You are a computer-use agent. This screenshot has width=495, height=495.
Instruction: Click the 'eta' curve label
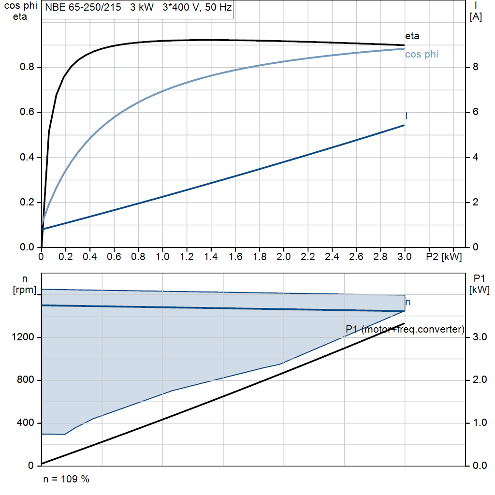click(x=412, y=36)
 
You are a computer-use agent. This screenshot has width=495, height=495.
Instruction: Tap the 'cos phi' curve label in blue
click(x=422, y=54)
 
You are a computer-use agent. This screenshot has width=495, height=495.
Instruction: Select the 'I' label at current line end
click(x=407, y=116)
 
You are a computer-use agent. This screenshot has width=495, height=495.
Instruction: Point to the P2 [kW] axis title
click(x=444, y=256)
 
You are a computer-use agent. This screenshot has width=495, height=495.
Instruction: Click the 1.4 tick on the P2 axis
click(x=211, y=256)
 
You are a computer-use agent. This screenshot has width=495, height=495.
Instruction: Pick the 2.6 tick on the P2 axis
click(x=356, y=256)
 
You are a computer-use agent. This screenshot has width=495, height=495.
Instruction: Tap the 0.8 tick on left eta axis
click(x=27, y=67)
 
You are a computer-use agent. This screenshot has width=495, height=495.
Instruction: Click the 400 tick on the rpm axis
click(x=27, y=423)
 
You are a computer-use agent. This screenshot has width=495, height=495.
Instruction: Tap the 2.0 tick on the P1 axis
click(x=479, y=380)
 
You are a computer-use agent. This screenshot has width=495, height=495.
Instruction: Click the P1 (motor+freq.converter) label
click(x=405, y=330)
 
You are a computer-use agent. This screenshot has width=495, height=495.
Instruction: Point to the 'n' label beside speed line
click(x=408, y=302)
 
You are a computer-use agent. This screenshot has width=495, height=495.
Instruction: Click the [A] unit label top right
click(x=476, y=17)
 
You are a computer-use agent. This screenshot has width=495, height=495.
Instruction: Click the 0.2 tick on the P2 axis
click(x=65, y=256)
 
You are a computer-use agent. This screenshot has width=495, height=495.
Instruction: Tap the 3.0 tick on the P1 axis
click(x=479, y=337)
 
